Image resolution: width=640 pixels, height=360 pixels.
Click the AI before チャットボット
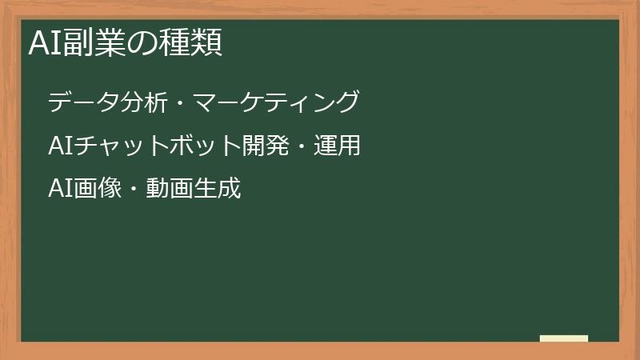click(60, 146)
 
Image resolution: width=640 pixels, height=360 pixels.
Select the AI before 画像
click(60, 190)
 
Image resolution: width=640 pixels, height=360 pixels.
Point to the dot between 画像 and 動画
click(133, 190)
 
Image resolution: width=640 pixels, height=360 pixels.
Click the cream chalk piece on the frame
click(563, 338)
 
